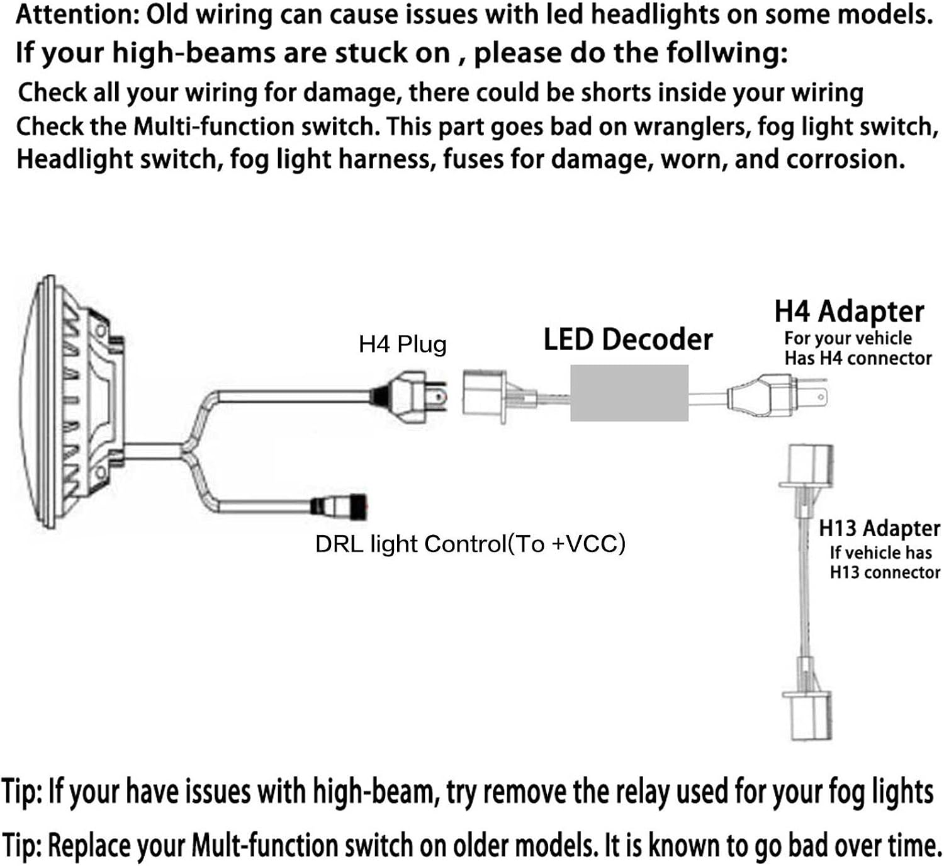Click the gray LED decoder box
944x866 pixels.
click(x=629, y=393)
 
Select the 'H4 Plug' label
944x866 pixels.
click(x=402, y=344)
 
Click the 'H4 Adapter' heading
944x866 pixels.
click(x=850, y=312)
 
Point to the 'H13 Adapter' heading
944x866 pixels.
click(x=879, y=528)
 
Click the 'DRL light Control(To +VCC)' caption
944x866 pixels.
click(x=470, y=544)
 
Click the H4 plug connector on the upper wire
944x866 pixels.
click(x=408, y=397)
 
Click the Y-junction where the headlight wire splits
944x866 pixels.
click(x=188, y=449)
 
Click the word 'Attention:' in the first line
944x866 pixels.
click(x=76, y=16)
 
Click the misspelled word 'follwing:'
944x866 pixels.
click(x=724, y=53)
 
